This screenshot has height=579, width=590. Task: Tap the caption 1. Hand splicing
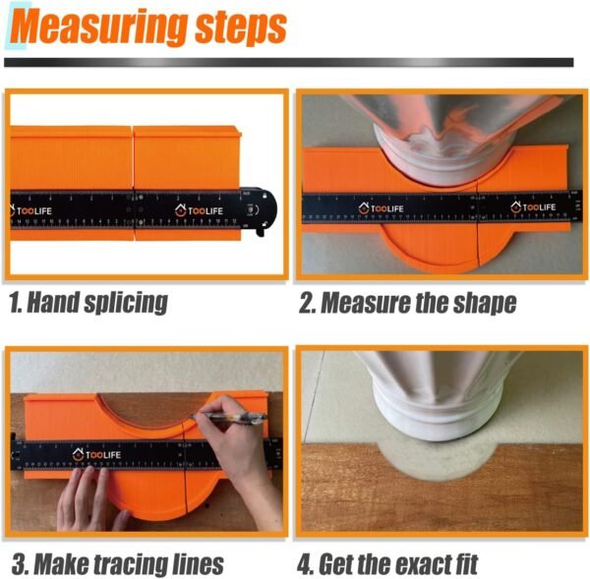(x=88, y=302)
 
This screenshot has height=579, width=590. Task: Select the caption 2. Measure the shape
(x=408, y=303)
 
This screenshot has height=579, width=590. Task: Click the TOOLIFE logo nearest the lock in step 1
(x=201, y=209)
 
